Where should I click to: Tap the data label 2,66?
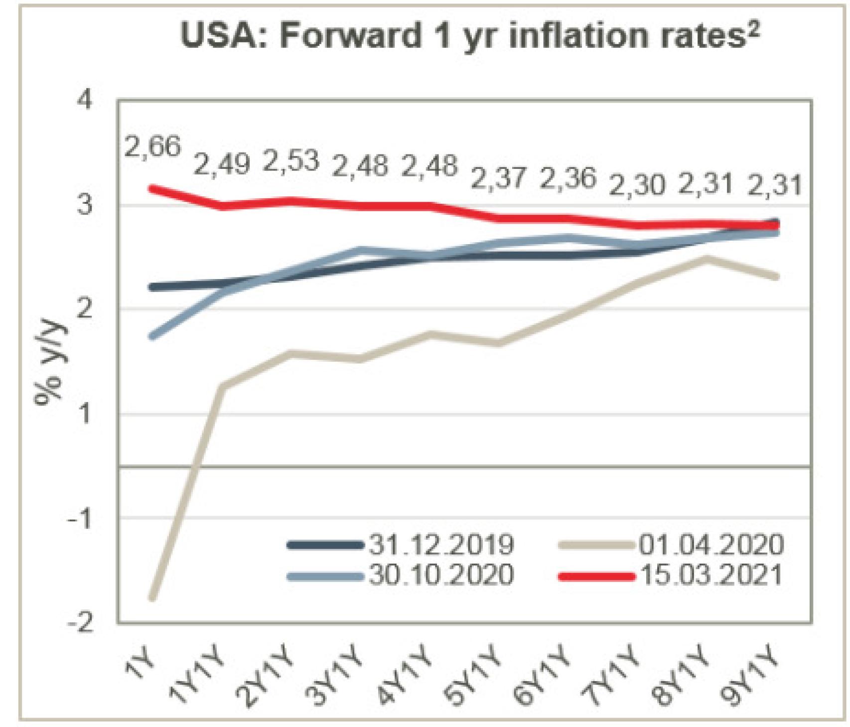(152, 147)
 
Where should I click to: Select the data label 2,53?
(291, 161)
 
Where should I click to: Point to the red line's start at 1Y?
(153, 188)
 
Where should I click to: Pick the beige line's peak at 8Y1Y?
(707, 258)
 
